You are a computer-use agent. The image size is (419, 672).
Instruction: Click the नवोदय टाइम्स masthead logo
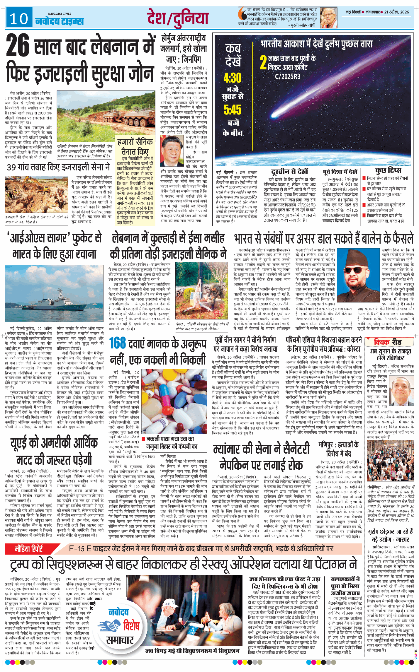tap(60, 21)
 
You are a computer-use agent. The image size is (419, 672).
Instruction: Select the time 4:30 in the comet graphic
tap(232, 78)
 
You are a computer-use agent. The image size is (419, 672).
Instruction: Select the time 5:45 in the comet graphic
tap(232, 110)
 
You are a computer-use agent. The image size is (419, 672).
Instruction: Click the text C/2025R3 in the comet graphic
tap(287, 77)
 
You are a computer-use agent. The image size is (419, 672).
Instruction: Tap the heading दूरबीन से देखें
tap(289, 172)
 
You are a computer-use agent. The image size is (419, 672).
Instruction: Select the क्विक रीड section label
tap(388, 342)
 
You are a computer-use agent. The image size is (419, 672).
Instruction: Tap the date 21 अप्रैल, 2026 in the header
tap(396, 12)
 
